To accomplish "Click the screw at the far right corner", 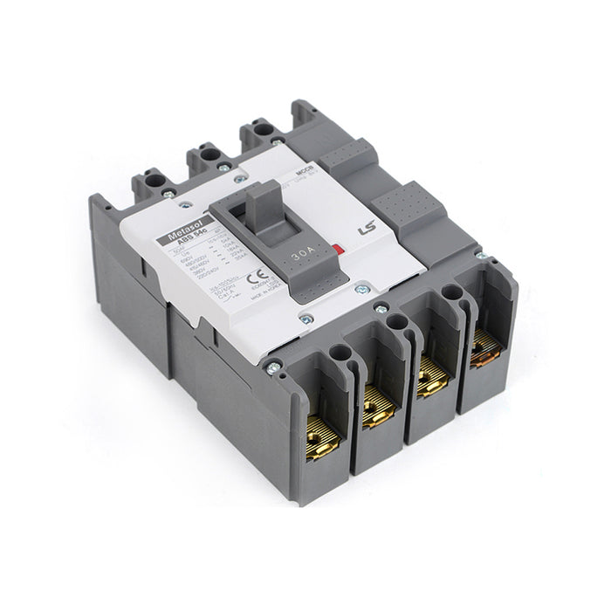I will tap(478, 257).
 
